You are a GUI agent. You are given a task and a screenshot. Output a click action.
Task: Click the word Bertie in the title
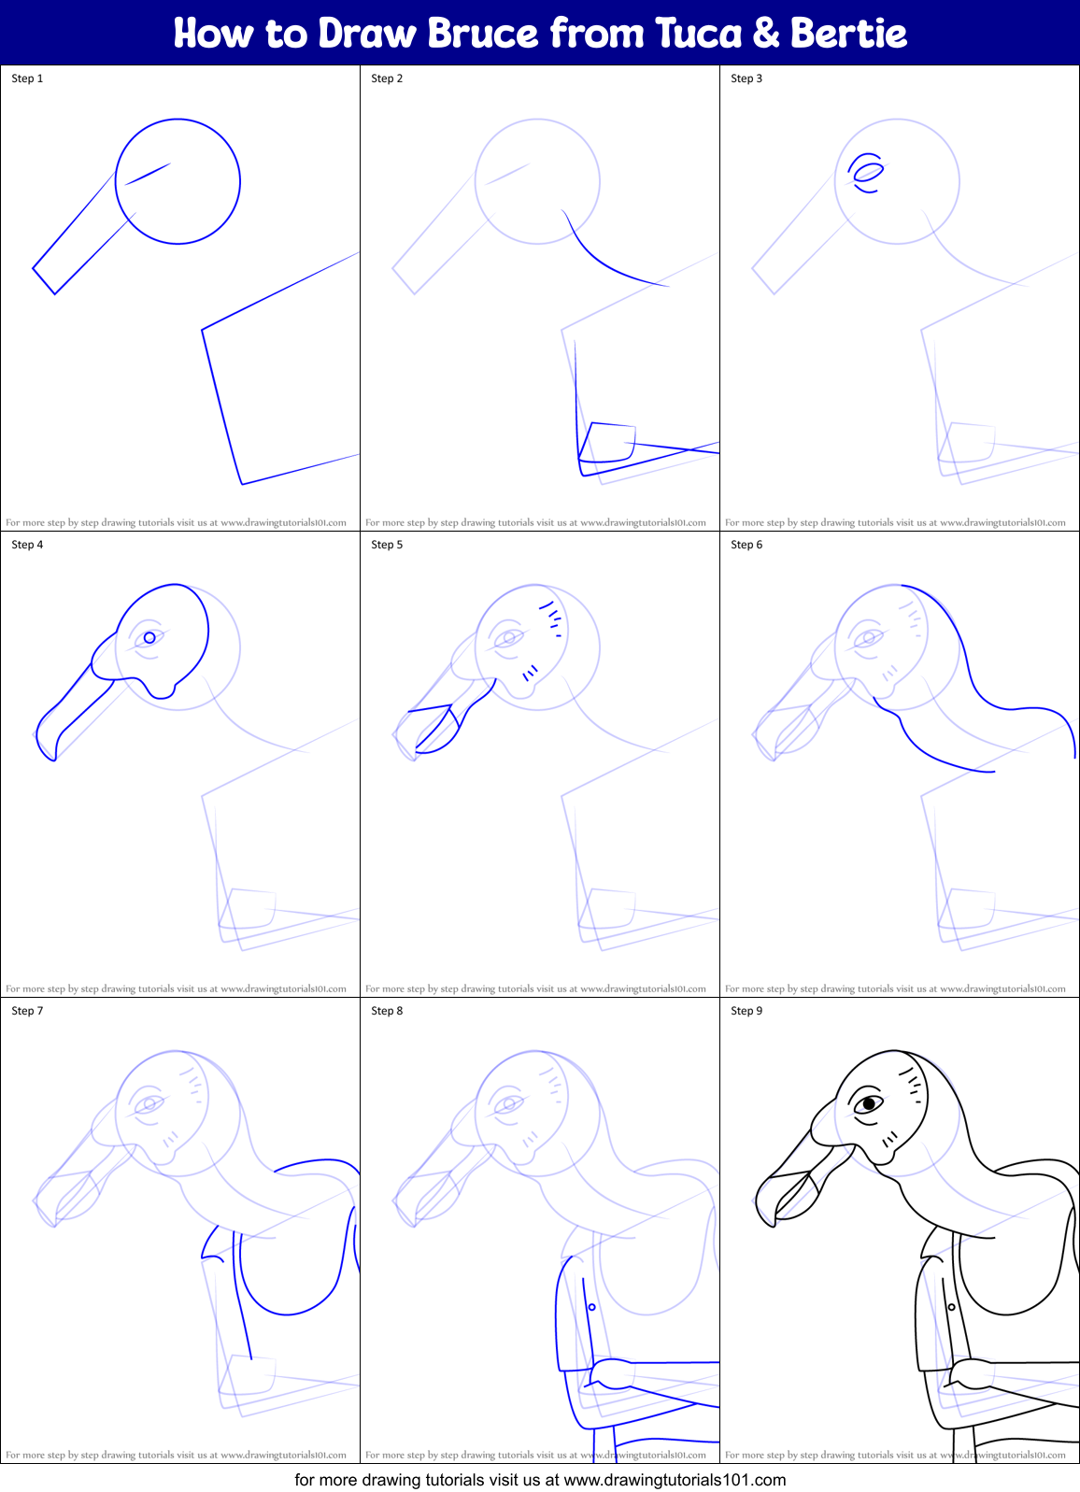848,34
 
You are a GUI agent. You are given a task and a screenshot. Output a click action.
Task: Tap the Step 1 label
27,78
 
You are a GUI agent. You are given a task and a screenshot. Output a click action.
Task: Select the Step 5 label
387,545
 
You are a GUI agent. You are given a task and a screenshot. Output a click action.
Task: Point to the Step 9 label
746,1011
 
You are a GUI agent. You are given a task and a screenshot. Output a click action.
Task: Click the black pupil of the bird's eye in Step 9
869,1103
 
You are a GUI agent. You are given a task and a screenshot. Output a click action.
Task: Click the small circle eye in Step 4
149,637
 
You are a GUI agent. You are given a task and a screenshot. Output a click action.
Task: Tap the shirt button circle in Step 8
591,1307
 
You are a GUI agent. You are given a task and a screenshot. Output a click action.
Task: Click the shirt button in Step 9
951,1307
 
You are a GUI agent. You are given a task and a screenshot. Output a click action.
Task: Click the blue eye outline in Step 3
869,172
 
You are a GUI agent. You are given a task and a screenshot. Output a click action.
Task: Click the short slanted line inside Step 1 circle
148,174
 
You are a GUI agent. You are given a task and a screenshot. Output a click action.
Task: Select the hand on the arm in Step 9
972,1372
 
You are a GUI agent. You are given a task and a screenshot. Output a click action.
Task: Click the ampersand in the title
765,34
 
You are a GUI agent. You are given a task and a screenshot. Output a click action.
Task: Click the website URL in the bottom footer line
675,1480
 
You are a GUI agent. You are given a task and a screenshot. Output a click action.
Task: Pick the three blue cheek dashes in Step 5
531,672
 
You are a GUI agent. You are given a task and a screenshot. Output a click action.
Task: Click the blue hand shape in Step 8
611,1372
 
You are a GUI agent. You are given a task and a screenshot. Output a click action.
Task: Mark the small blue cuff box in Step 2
608,443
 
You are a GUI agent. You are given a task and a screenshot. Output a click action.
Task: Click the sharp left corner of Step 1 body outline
203,329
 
